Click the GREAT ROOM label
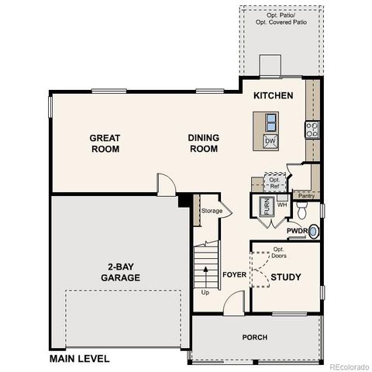pos(105,143)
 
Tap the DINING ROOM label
pos(204,143)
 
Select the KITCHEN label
pos(274,96)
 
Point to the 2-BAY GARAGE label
pos(124,272)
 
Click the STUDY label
pos(287,277)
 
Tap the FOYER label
pos(234,275)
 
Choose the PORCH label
pos(254,337)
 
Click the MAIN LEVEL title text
pos(79,359)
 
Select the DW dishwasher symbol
pos(270,141)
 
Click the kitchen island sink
pos(270,122)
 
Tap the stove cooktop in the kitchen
pos(312,129)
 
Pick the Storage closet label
pos(212,211)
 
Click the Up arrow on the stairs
pos(205,275)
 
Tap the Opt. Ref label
pos(274,183)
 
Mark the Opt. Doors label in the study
pos(279,252)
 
